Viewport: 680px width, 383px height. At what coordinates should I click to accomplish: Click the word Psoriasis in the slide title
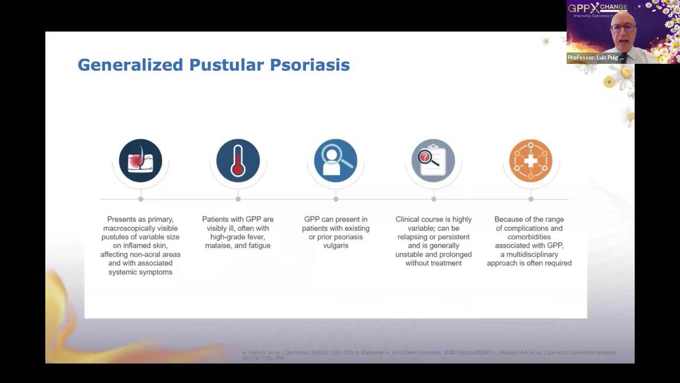tap(310, 65)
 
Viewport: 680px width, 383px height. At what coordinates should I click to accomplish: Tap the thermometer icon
tap(238, 160)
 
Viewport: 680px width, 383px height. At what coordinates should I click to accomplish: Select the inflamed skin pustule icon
tap(140, 160)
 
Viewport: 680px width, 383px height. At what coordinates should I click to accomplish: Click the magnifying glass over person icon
tap(335, 160)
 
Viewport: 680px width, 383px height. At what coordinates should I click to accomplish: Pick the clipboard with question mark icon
tap(433, 160)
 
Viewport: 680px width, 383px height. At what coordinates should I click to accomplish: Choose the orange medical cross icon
tap(530, 160)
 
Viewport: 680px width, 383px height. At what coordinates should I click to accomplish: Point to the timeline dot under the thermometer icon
tap(238, 199)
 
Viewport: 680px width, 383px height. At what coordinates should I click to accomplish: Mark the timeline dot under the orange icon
tap(531, 199)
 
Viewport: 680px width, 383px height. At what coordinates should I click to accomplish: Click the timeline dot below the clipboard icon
tap(433, 199)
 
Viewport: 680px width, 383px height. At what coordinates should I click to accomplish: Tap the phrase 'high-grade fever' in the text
tap(237, 237)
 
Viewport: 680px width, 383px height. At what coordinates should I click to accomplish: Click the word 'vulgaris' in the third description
tap(336, 246)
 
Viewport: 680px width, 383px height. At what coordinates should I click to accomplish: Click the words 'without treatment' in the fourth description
tap(433, 263)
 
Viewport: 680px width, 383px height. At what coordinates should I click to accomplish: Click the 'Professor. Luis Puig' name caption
tap(596, 57)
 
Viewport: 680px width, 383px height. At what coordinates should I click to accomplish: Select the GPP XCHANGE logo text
tap(598, 7)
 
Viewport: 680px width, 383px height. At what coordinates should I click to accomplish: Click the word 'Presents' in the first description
tap(122, 219)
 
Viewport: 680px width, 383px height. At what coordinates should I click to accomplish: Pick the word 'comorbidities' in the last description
tap(529, 237)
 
